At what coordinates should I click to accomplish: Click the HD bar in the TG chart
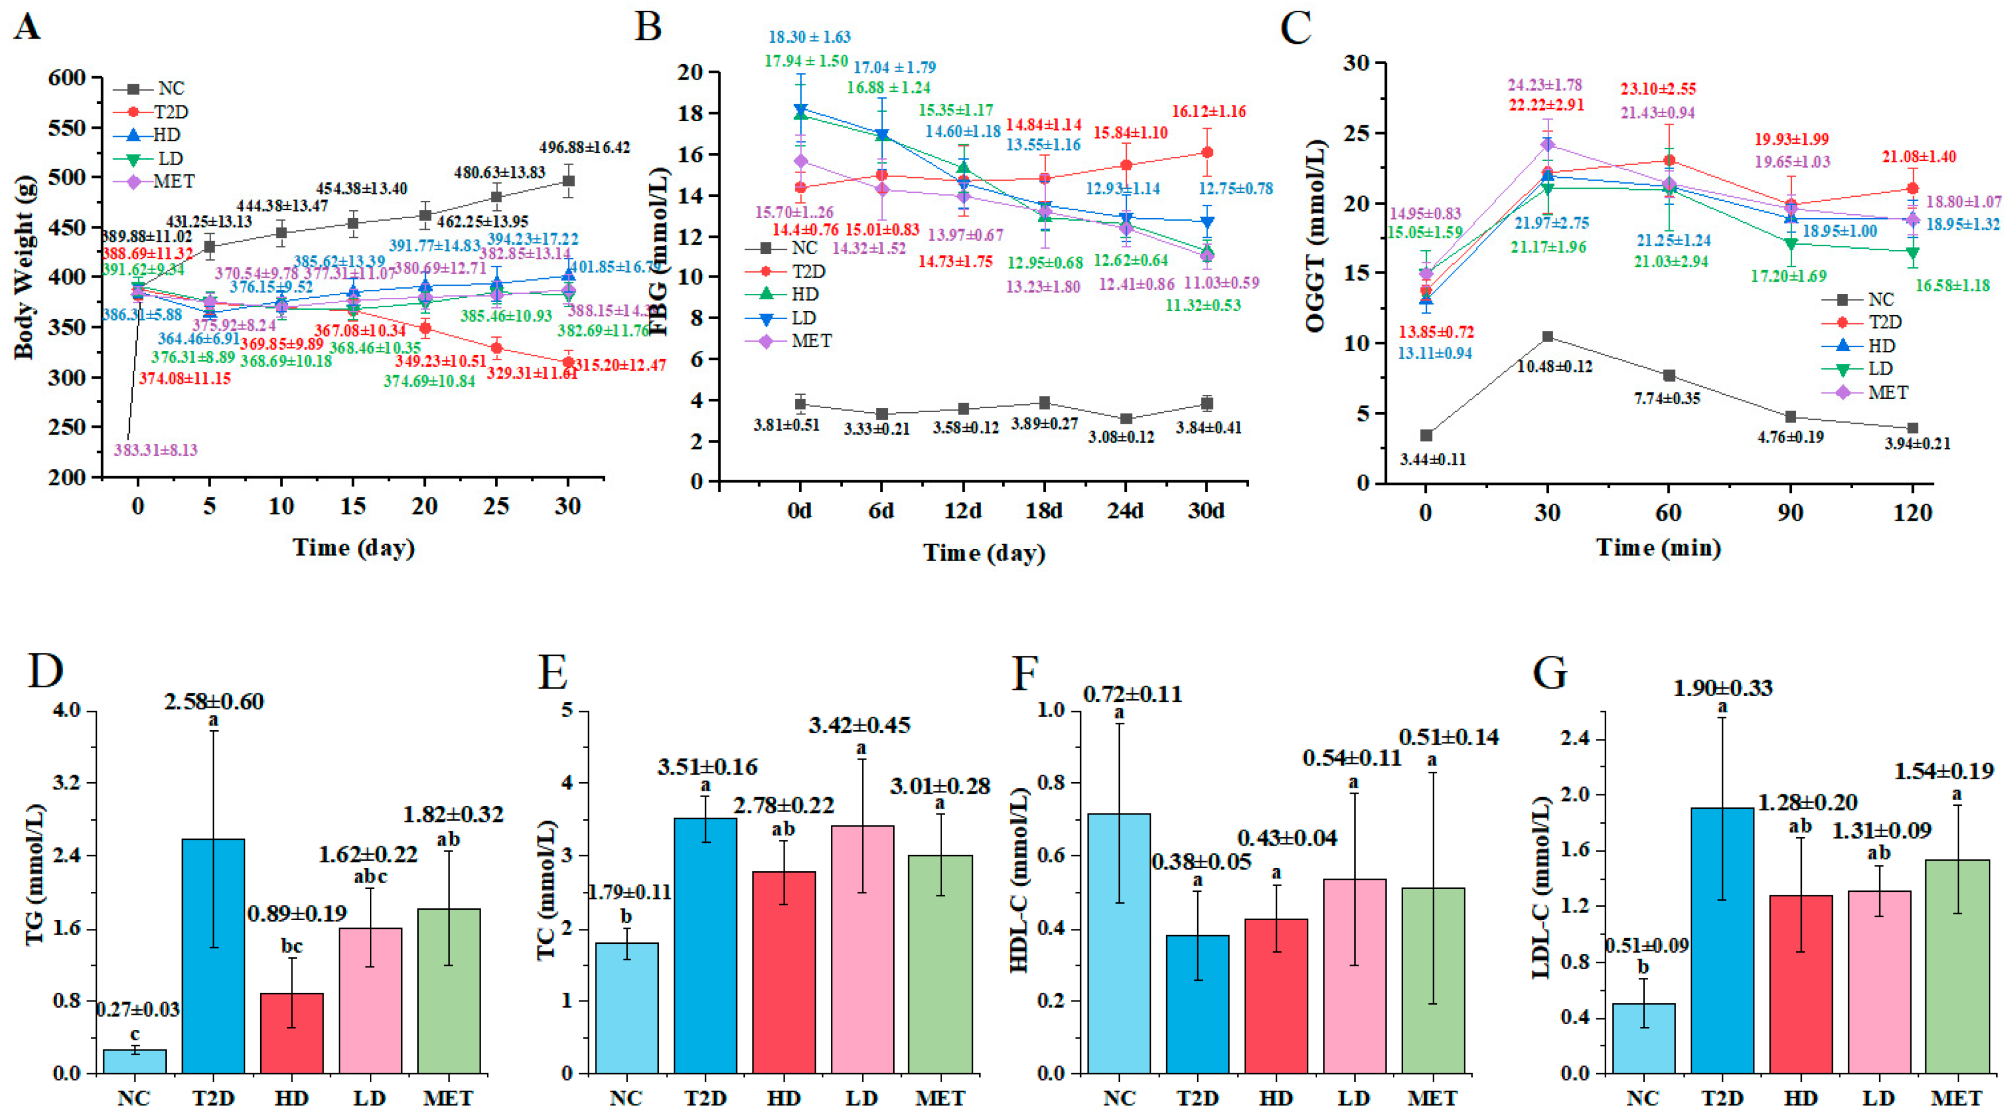coord(291,1032)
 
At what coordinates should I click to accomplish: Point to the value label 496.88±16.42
coord(584,147)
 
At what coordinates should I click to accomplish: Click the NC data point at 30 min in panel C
coord(1547,337)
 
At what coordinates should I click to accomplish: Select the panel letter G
coord(1550,671)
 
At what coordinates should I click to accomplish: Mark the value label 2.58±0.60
coord(213,701)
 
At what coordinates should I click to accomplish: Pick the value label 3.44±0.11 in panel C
coord(1433,459)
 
